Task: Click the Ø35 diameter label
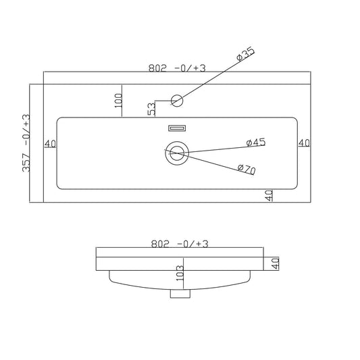[x=245, y=54]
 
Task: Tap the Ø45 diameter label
[x=256, y=143]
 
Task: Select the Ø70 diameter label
[x=247, y=170]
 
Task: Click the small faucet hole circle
[x=177, y=101]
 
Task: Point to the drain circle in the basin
[x=177, y=153]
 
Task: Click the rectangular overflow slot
[x=177, y=128]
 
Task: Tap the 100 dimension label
[x=118, y=101]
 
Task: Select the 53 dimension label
[x=151, y=109]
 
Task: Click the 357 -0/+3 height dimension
[x=26, y=143]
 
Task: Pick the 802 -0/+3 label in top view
[x=177, y=68]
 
